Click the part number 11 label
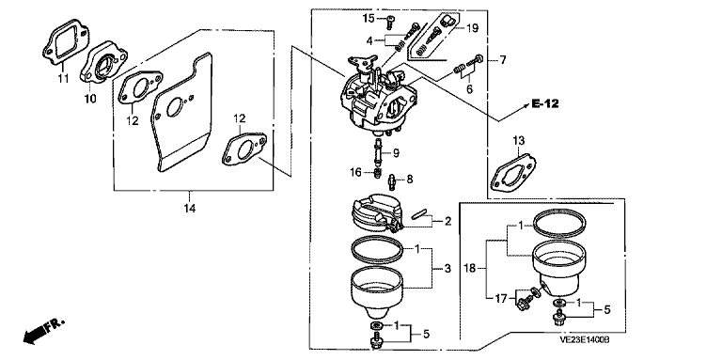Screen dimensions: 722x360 click(63, 78)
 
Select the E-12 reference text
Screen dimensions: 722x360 click(545, 104)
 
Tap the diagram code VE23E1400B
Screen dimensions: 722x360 click(585, 339)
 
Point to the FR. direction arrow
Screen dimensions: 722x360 click(44, 331)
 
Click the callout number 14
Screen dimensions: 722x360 click(190, 209)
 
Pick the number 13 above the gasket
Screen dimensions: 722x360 click(519, 140)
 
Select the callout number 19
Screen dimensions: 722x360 click(473, 28)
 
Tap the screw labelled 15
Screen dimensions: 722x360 click(390, 19)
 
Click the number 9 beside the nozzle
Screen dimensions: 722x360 click(396, 153)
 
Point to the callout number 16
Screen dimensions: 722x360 click(356, 172)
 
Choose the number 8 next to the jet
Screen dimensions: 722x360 click(409, 179)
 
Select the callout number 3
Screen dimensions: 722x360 click(448, 269)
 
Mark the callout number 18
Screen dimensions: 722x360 click(470, 269)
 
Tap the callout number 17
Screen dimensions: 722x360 click(500, 299)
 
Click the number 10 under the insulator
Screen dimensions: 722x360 click(90, 99)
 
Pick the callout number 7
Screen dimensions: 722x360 click(503, 60)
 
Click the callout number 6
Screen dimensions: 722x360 click(469, 89)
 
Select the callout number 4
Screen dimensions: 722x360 click(369, 41)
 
